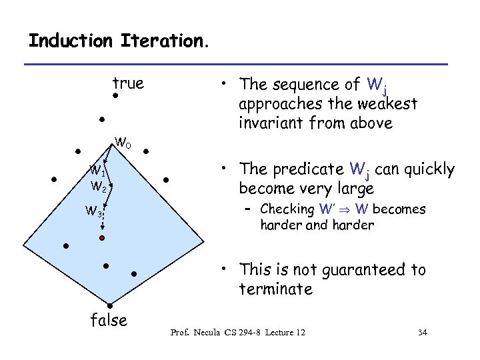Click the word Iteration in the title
[164, 41]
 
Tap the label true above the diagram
[128, 83]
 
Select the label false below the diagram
[109, 321]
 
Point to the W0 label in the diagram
[123, 142]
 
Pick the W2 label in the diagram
[99, 185]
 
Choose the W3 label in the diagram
[93, 213]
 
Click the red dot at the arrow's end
[102, 237]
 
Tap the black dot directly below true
[115, 97]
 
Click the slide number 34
[421, 331]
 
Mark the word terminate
[276, 289]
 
